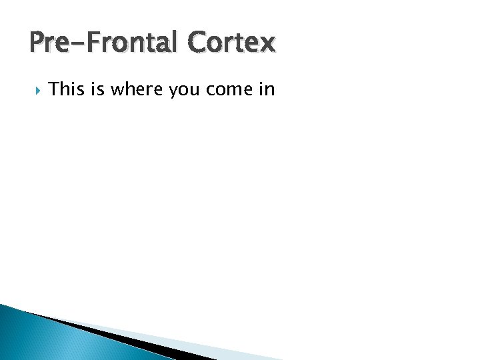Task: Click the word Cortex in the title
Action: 231,43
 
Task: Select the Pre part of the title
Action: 48,43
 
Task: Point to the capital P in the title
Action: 37,43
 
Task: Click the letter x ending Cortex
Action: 267,45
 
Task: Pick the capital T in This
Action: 54,89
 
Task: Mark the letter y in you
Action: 174,91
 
